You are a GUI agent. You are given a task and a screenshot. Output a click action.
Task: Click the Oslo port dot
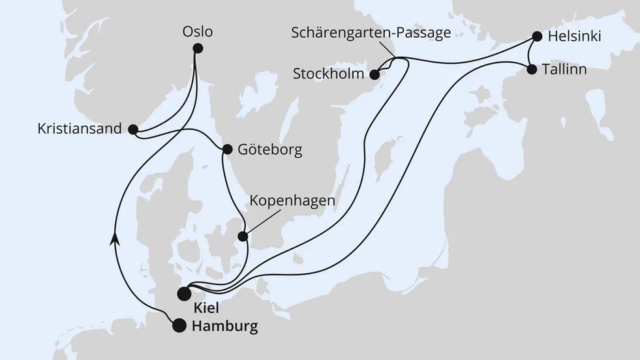(x=198, y=48)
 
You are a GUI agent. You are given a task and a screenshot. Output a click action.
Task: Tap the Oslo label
(x=198, y=31)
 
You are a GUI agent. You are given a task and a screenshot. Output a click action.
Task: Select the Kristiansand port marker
(x=133, y=129)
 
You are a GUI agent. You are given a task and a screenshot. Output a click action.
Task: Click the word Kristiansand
(x=80, y=128)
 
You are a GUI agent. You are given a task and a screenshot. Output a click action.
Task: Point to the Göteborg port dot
(x=227, y=149)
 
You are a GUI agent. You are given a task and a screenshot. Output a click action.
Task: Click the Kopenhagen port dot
(x=243, y=236)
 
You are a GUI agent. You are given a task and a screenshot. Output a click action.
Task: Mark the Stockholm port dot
(x=375, y=74)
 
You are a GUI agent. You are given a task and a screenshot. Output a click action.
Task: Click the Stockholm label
(x=329, y=74)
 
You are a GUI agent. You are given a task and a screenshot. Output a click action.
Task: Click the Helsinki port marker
(x=537, y=36)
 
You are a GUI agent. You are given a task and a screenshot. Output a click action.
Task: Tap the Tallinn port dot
(x=532, y=68)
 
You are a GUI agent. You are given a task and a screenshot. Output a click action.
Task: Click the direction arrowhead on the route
(x=116, y=239)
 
